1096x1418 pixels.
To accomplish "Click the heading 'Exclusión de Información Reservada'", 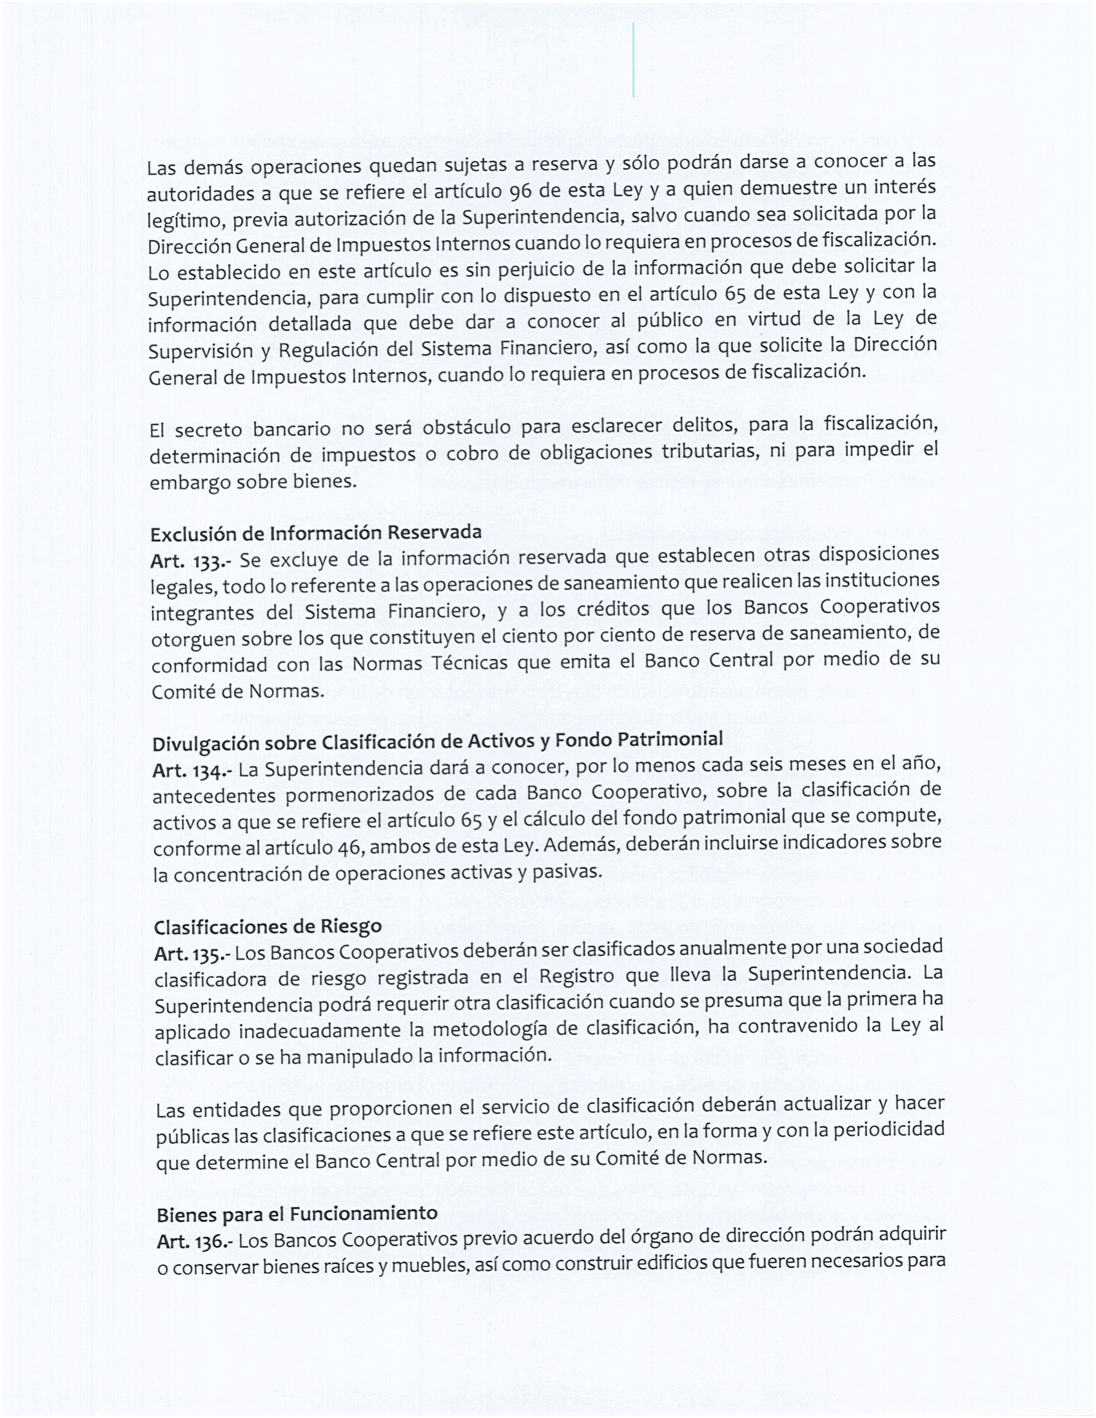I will pos(315,533).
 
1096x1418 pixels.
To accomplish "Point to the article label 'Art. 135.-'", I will pos(191,954).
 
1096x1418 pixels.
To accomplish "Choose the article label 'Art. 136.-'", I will pos(194,1242).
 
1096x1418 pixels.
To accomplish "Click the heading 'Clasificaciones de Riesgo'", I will pos(268,926).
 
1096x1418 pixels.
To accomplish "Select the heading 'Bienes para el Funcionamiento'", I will pos(297,1214).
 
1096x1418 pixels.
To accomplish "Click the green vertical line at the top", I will pos(633,60).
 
